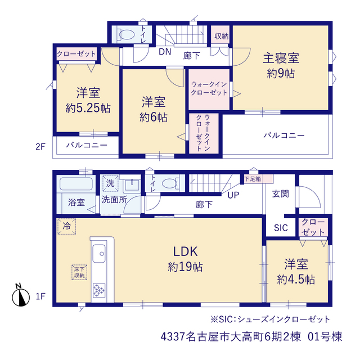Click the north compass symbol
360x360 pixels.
21,296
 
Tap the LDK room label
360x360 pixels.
185,251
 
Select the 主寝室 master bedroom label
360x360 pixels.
281,58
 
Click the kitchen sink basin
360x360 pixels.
99,253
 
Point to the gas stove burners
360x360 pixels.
99,290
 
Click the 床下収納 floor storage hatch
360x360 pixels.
79,272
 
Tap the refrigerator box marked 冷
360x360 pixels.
66,226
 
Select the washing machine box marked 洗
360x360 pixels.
110,183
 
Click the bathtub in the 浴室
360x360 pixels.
76,183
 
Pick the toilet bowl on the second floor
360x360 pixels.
127,35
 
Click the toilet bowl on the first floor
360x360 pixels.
170,183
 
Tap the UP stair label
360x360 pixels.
233,195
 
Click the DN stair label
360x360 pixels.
165,52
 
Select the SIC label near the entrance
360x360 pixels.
281,228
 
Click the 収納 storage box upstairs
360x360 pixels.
220,35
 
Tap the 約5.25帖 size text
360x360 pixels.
88,108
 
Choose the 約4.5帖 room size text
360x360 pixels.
296,280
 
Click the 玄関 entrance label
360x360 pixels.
281,194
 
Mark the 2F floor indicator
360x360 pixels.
40,146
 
